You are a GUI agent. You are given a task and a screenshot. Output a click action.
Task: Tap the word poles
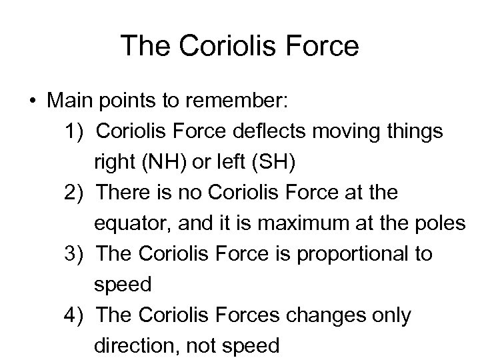click(x=442, y=224)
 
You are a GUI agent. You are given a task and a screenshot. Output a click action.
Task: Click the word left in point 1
click(x=243, y=163)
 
